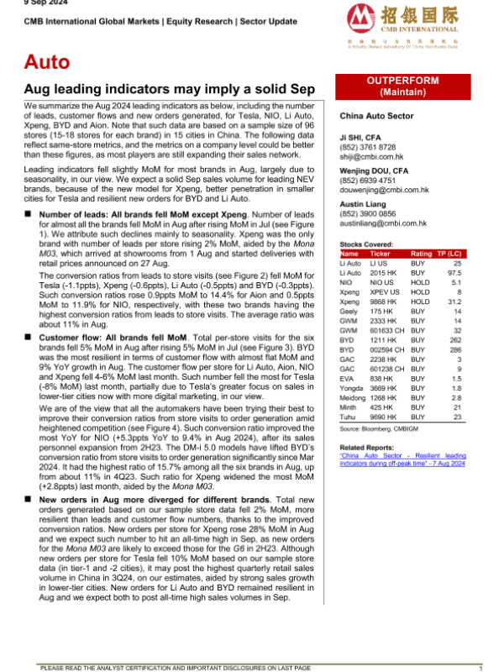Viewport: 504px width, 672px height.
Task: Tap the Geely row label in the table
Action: click(350, 310)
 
